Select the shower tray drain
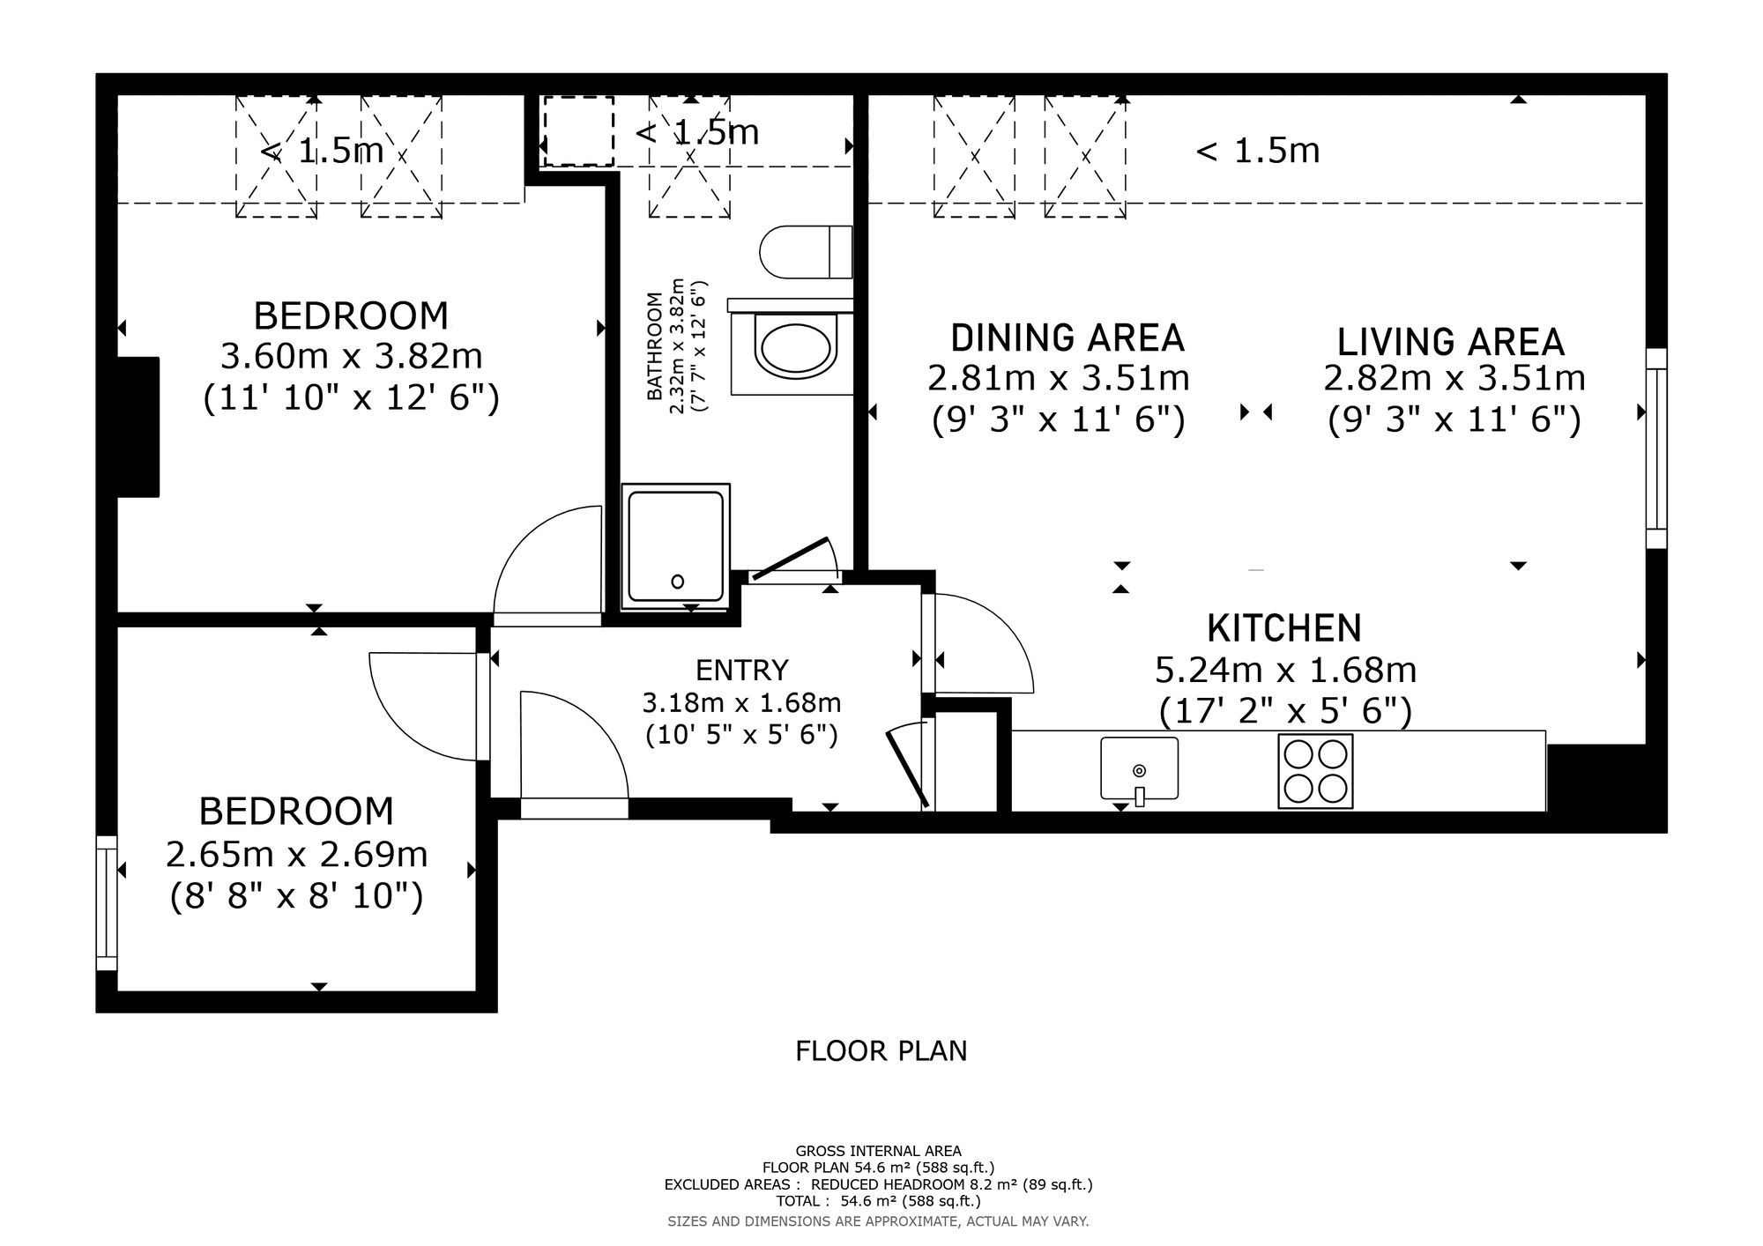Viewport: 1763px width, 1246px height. pos(677,582)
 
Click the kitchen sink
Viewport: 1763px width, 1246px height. pos(1139,768)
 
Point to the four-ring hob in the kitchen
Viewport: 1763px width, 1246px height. pos(1315,771)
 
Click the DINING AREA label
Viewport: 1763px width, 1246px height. pos(1067,338)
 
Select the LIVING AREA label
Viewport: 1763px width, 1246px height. pos(1450,342)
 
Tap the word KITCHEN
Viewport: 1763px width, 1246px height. pos(1284,628)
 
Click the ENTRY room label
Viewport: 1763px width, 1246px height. pos(741,671)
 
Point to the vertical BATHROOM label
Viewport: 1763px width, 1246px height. pos(655,346)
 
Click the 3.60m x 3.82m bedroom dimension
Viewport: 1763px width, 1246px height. pos(351,357)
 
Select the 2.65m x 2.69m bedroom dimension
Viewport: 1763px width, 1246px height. pos(297,855)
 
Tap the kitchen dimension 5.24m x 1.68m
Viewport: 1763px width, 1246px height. pos(1285,671)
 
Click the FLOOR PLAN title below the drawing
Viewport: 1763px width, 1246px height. pos(881,1051)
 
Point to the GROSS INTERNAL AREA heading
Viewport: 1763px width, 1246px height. pos(878,1151)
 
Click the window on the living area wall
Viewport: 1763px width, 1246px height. pos(1656,448)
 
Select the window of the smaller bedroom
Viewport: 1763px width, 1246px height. pos(106,903)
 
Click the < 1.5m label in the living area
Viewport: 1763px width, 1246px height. pos(1257,151)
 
